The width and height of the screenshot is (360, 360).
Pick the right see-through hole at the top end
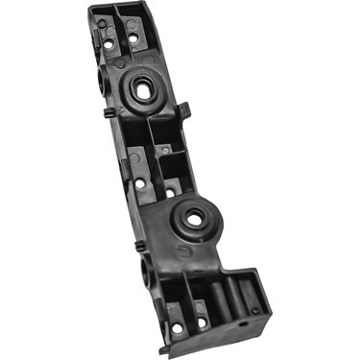click(x=132, y=38)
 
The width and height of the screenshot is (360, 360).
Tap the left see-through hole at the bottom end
click(x=177, y=327)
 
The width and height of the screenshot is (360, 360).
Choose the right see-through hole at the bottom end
click(x=202, y=314)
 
